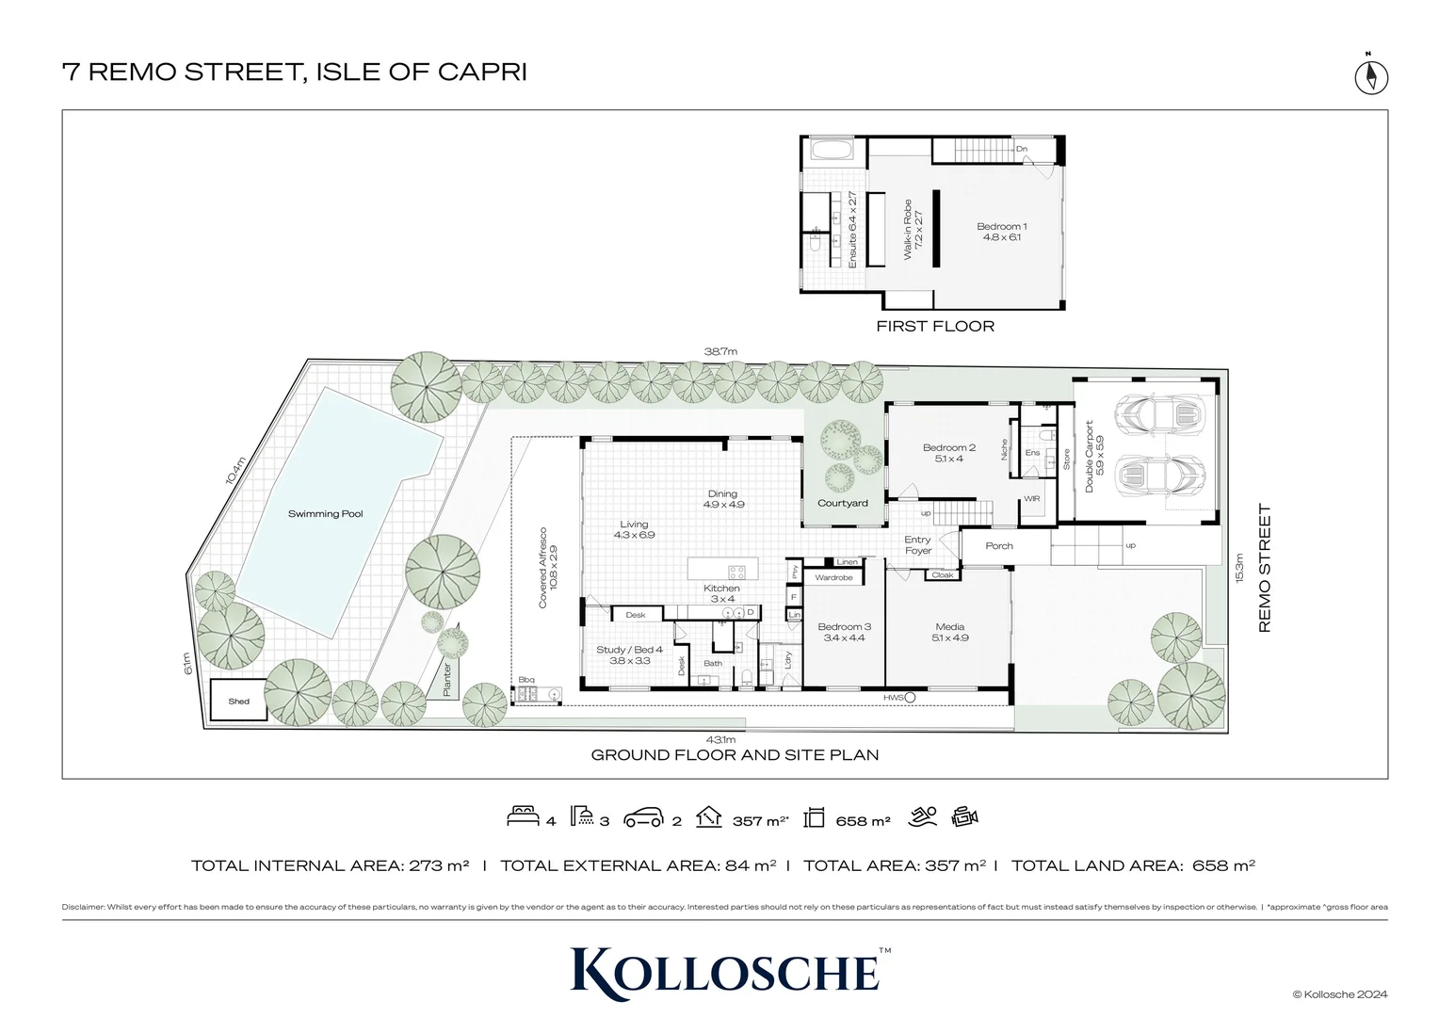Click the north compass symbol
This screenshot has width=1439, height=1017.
[x=1371, y=76]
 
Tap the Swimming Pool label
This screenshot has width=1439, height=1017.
[x=325, y=514]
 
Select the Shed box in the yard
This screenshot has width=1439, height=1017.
[x=238, y=701]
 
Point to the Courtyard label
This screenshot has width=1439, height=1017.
[x=843, y=503]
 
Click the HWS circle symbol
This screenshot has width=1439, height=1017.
[x=910, y=698]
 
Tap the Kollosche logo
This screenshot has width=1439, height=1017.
[x=725, y=973]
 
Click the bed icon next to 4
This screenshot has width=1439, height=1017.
[x=523, y=815]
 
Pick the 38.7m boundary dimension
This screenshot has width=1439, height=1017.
[x=720, y=352]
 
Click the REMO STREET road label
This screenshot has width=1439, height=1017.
[x=1265, y=568]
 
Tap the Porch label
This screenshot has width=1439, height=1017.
[x=999, y=546]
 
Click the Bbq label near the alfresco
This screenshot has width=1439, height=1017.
[x=526, y=680]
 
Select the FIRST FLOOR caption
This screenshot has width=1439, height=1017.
[x=935, y=327]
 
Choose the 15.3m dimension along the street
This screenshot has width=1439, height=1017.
[x=1239, y=568]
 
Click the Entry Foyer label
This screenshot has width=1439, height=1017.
[x=918, y=545]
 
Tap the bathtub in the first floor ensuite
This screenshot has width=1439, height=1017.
[x=832, y=151]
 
